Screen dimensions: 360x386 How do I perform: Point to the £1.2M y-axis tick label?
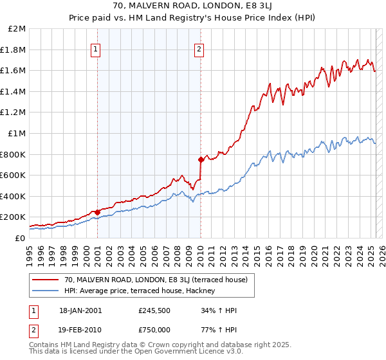coord(14,113)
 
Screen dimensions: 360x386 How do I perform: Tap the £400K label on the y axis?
coord(14,196)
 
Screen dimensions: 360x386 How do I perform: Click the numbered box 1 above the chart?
coord(95,49)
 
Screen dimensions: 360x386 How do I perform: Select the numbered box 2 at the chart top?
coord(199,49)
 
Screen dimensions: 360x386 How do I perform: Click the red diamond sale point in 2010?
coord(201,159)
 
